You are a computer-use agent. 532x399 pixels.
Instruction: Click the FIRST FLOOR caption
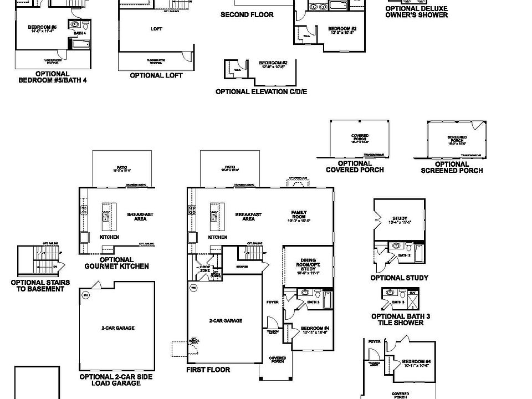coord(208,370)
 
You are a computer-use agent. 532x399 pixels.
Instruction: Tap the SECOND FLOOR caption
coord(247,14)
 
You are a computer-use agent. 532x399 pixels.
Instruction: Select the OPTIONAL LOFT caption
coord(156,75)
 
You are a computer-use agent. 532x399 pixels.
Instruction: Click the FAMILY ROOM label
coord(299,215)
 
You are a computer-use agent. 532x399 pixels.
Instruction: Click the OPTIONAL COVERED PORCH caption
coord(355,167)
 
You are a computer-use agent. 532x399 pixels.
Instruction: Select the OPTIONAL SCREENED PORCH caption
coord(452,167)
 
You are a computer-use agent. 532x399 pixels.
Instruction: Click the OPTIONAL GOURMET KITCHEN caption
coord(116,263)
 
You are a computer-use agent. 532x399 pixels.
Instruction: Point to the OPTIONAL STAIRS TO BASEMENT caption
coord(40,285)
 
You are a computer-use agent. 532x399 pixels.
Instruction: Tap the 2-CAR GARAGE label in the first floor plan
coord(225,321)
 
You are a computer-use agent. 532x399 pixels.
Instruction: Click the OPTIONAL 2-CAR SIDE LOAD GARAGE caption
coord(117,379)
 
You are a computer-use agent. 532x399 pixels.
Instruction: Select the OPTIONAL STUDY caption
coord(399,278)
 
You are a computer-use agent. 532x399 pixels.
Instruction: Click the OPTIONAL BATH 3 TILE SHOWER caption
coord(401,319)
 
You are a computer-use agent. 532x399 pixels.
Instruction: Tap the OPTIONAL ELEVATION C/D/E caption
coord(261,91)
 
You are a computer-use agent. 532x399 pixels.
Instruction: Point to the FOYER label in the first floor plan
coord(272,302)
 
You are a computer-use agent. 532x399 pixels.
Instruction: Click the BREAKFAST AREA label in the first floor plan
coord(248,217)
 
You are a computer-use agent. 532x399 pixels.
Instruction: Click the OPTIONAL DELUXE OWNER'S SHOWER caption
coord(417,12)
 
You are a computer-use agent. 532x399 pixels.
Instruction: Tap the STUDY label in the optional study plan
coord(400,220)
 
